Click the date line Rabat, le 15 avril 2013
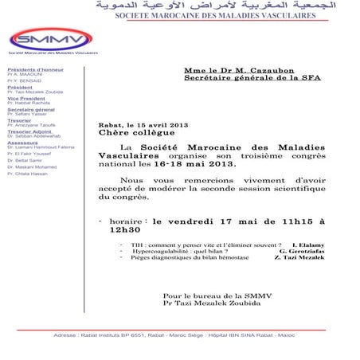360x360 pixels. click(143, 125)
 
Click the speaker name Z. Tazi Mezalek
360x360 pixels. click(300, 260)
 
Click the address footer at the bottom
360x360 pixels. click(179, 335)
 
